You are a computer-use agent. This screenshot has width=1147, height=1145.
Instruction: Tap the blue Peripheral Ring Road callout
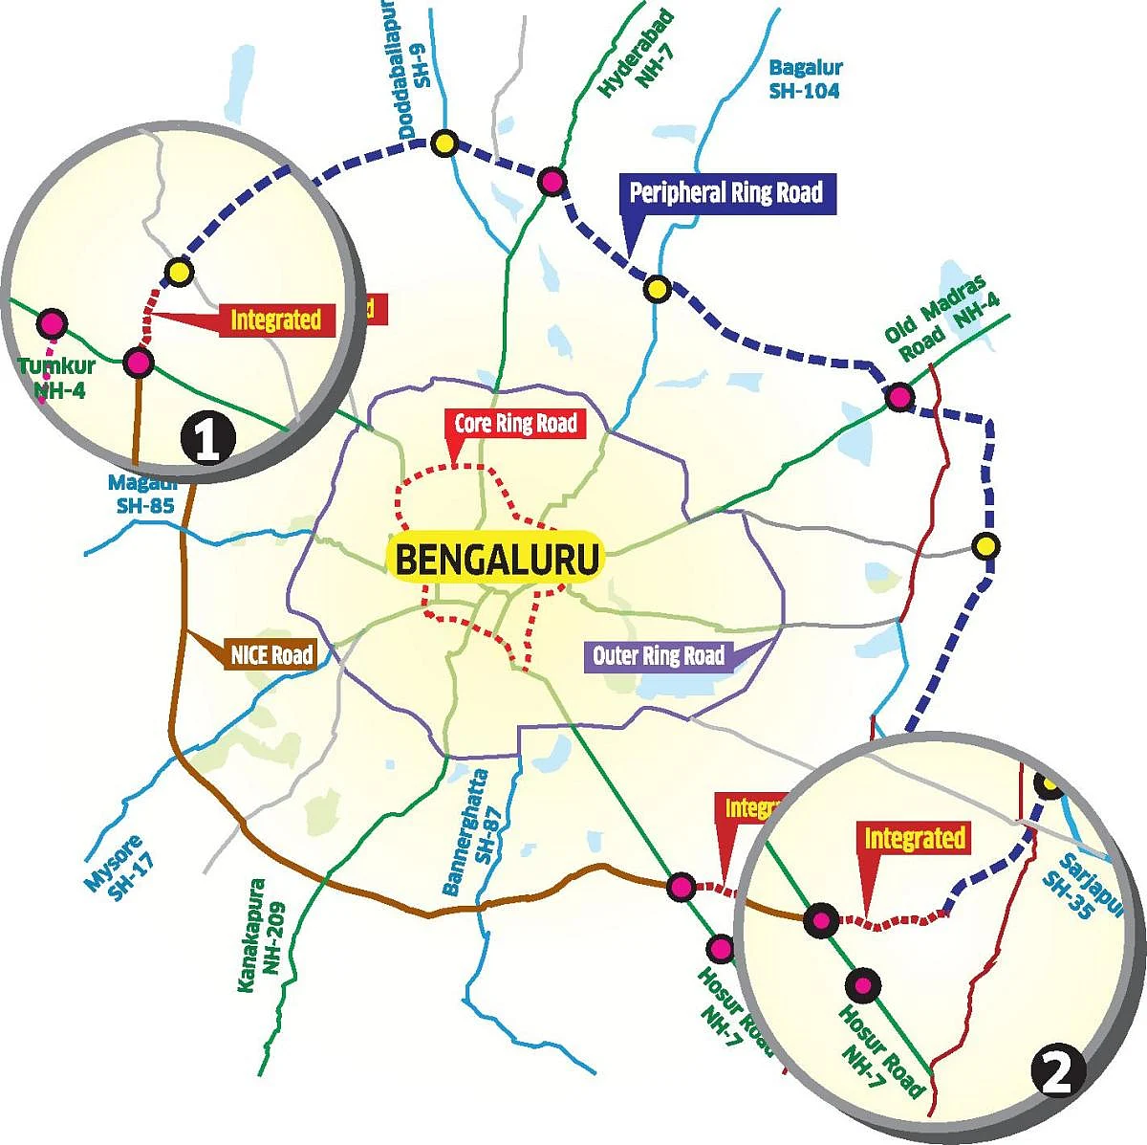click(725, 193)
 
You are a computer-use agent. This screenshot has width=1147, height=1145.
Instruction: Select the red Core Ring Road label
click(515, 423)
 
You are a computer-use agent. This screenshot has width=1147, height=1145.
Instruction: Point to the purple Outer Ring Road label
click(659, 656)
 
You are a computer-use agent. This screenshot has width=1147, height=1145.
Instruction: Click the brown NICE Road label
click(271, 655)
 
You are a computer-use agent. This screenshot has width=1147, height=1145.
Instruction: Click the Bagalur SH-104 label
click(805, 79)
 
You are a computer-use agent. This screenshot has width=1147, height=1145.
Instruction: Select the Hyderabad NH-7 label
click(638, 55)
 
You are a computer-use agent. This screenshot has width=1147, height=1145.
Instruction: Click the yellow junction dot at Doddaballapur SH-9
click(443, 144)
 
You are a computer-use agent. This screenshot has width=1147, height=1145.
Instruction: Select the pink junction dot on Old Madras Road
click(898, 396)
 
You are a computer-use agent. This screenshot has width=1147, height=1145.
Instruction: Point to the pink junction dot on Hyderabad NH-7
click(552, 181)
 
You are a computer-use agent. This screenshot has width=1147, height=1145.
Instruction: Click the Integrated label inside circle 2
click(915, 839)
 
